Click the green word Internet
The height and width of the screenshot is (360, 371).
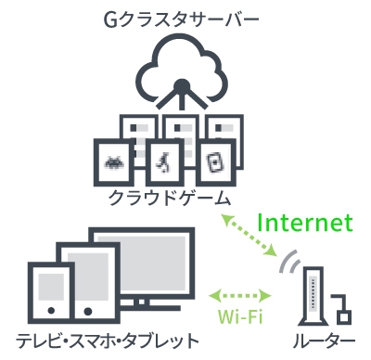[305, 223]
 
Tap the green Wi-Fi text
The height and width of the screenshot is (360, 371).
[240, 316]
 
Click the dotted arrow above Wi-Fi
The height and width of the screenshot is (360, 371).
[239, 295]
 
